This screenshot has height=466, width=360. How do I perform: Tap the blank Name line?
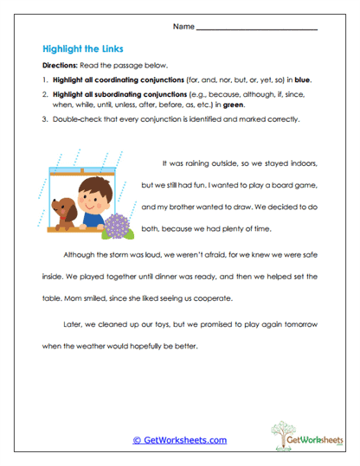[256, 29]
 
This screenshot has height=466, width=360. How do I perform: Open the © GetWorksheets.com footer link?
[179, 440]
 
